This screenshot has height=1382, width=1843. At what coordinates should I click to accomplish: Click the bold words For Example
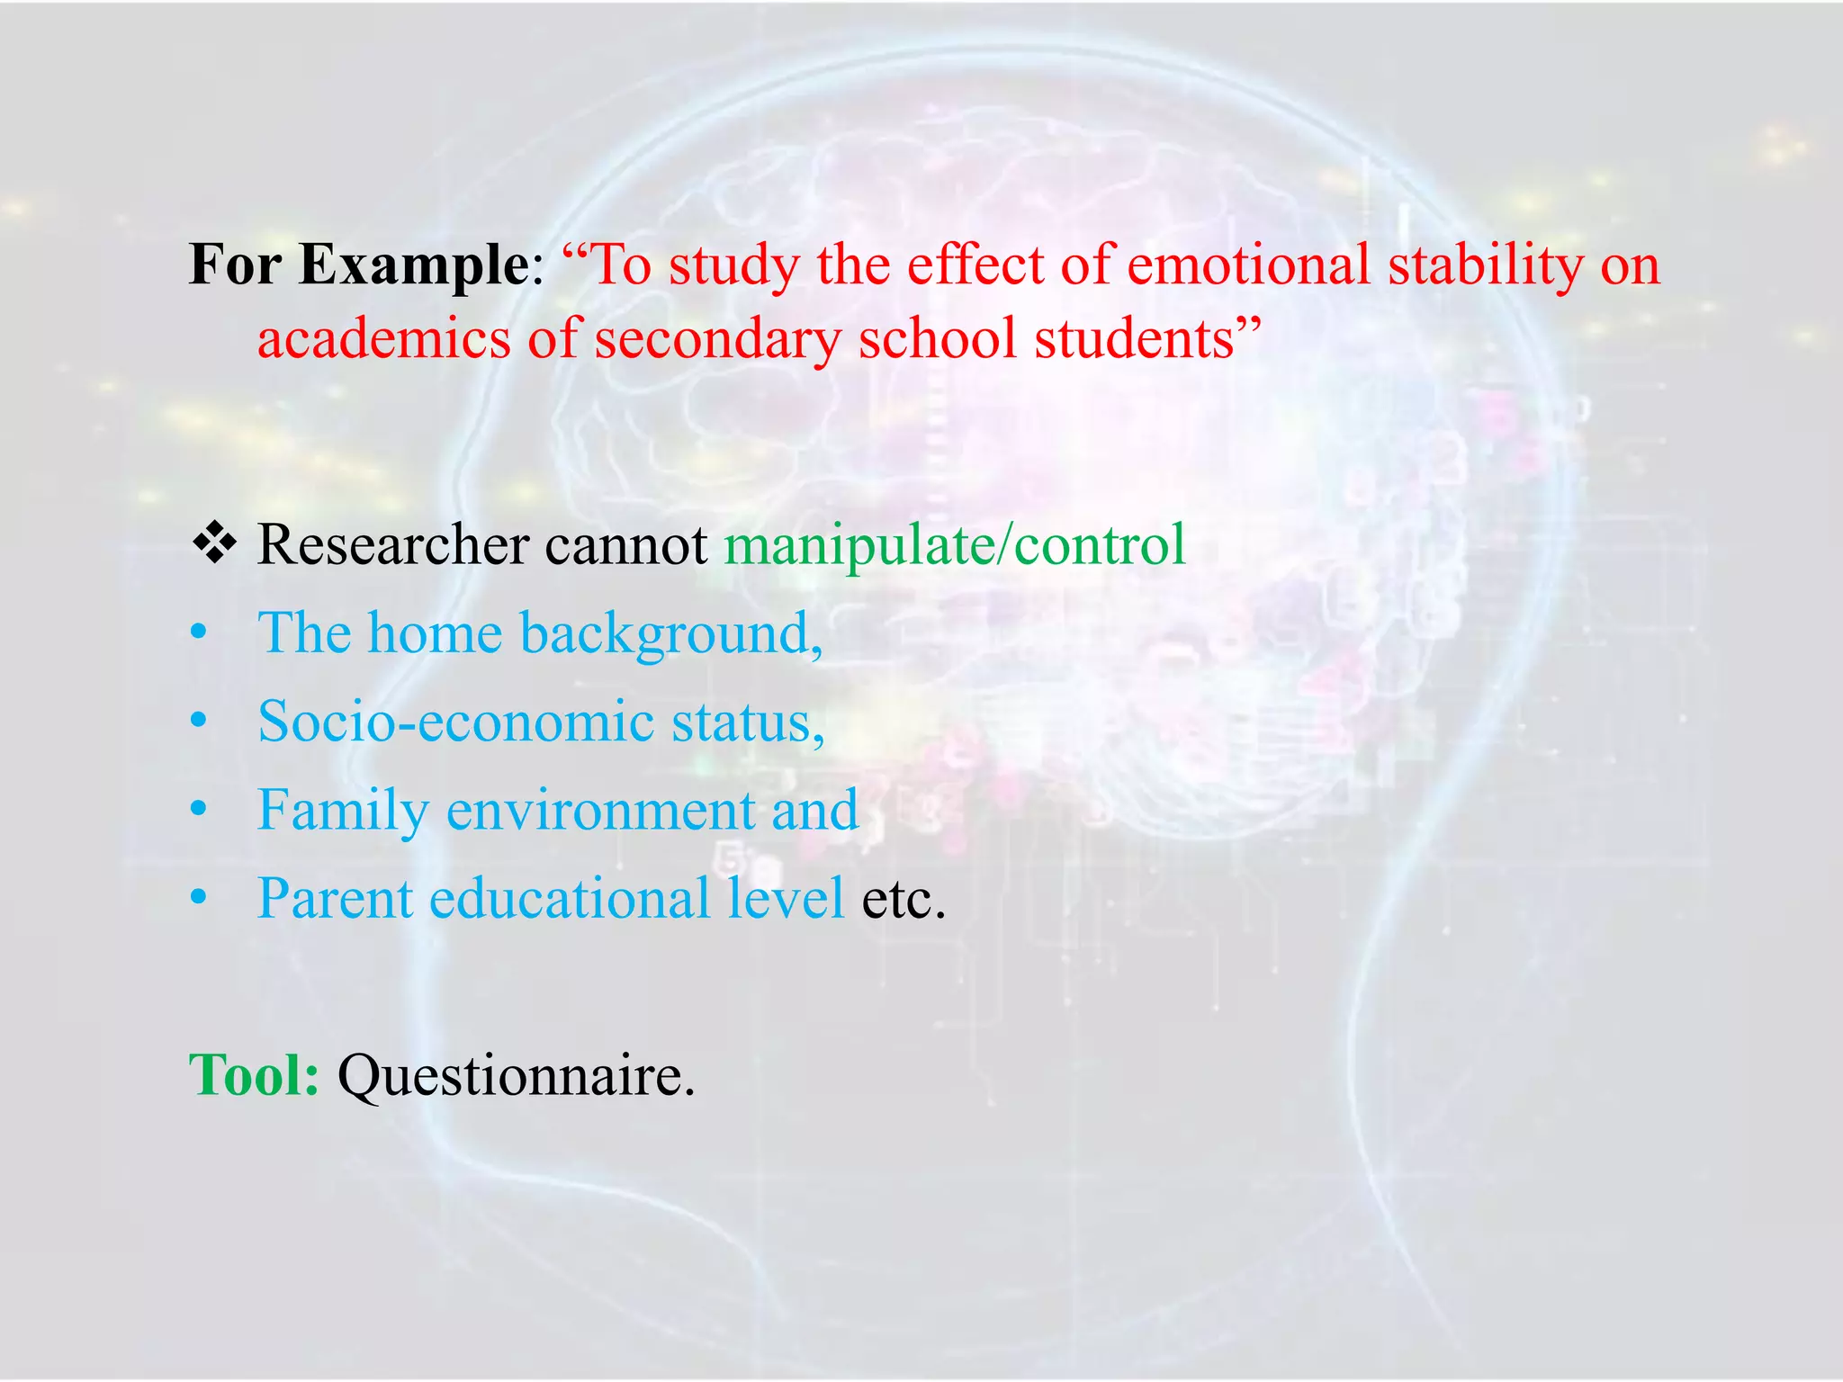[x=359, y=266]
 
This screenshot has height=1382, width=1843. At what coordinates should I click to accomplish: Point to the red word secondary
[x=716, y=340]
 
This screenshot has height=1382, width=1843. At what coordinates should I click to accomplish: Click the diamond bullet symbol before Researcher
[x=214, y=543]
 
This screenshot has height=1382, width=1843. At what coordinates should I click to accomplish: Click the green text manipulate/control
[x=955, y=545]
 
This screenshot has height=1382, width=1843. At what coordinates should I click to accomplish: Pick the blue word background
[x=671, y=633]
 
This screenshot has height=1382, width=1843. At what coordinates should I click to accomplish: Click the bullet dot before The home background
[x=199, y=634]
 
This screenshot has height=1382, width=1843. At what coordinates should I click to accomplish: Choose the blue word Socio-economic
[x=455, y=722]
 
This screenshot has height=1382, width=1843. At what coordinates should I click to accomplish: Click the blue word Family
[x=343, y=810]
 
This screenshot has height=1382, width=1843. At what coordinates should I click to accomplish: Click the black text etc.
[x=903, y=898]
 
